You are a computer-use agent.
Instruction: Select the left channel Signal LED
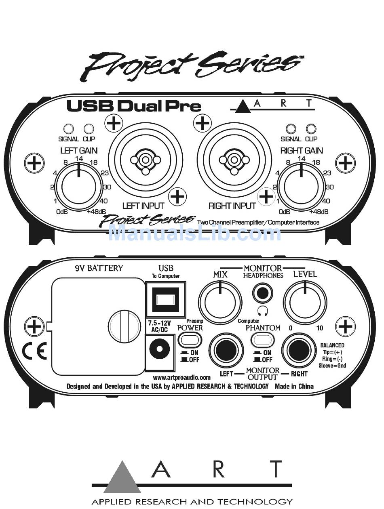click(69, 129)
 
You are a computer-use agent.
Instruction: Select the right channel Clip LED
click(311, 129)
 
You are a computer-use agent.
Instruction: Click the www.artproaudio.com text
click(182, 377)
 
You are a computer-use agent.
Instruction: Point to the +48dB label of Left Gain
click(96, 211)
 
